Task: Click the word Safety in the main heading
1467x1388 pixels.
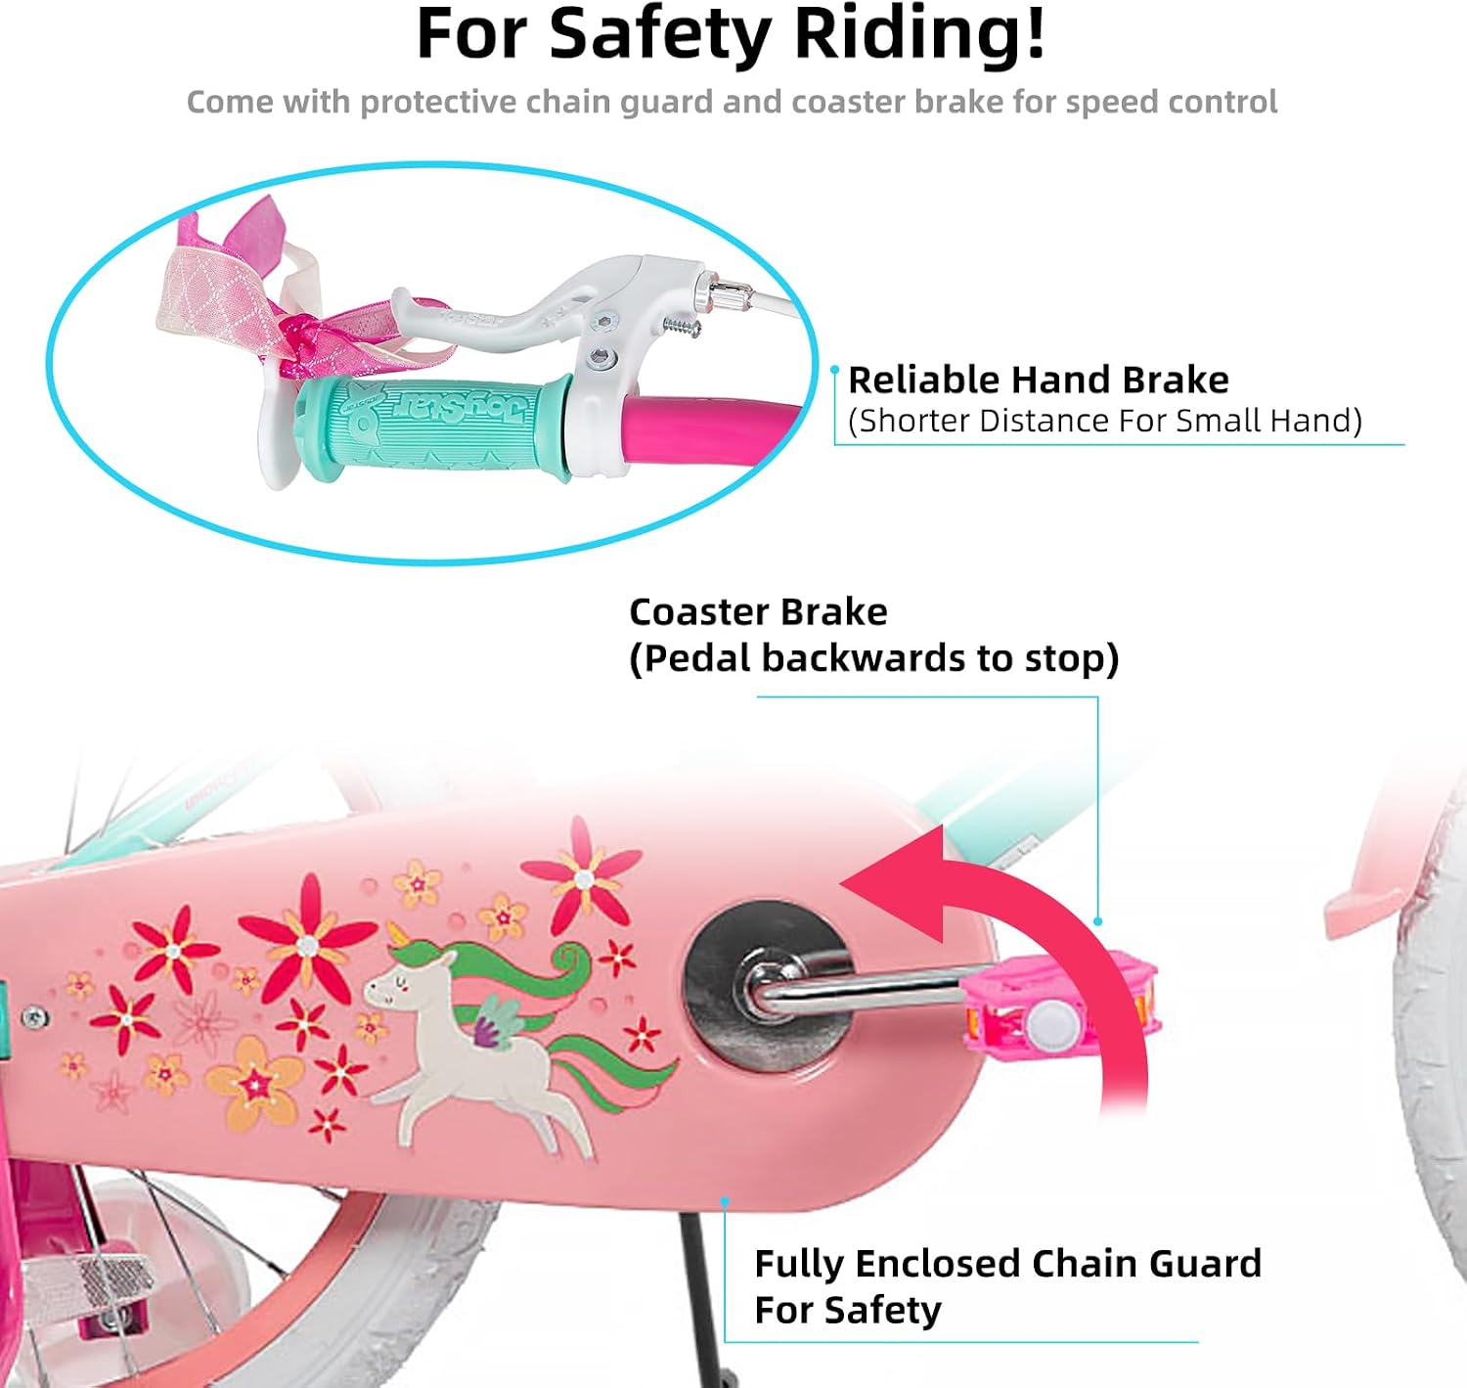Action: coord(660,35)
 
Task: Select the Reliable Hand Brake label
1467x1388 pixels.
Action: coord(1038,380)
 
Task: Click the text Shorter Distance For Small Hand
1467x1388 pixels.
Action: coord(1105,421)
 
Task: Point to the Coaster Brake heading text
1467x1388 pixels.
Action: coord(758,612)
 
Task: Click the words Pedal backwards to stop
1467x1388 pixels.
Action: coord(873,658)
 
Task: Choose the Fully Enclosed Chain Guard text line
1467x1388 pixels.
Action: coord(1008,1264)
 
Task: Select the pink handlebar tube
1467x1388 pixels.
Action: coord(709,432)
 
